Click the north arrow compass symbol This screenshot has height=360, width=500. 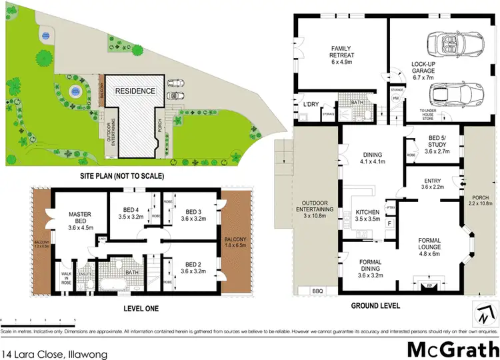pos(485,311)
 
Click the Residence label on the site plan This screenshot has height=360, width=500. pos(135,91)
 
